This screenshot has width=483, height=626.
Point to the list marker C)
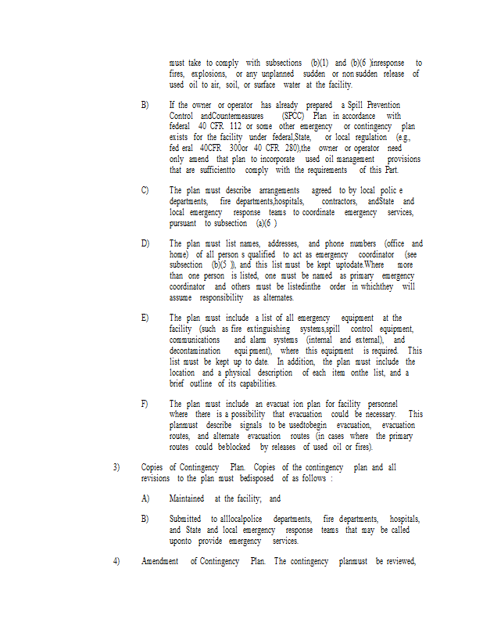(x=145, y=190)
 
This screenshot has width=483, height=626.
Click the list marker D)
(x=145, y=243)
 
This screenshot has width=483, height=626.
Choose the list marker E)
(x=145, y=318)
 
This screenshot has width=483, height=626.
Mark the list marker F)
(x=145, y=403)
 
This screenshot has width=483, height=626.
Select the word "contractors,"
(x=338, y=201)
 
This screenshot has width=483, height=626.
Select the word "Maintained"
(x=187, y=498)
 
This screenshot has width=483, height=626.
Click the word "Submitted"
(x=186, y=519)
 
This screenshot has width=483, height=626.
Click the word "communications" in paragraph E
(x=195, y=340)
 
